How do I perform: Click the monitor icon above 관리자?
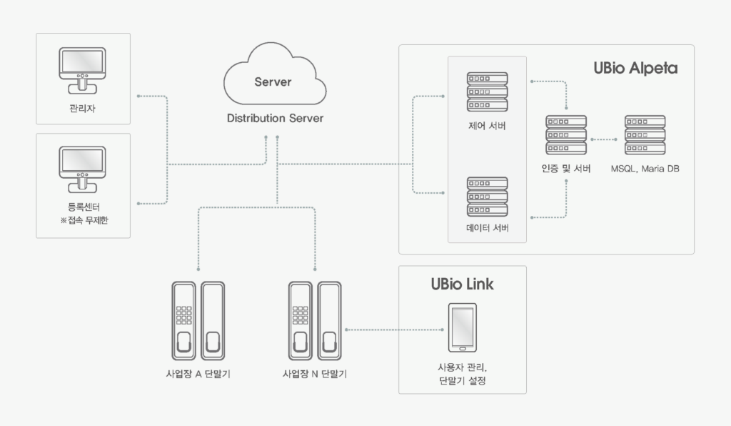point(83,70)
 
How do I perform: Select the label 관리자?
point(83,109)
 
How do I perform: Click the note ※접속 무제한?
point(84,221)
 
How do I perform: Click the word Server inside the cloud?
point(273,82)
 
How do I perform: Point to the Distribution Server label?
point(275,118)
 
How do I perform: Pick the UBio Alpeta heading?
point(635,69)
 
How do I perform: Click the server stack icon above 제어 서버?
point(487,91)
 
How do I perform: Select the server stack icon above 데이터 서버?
point(487,197)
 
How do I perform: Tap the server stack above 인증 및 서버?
point(566,134)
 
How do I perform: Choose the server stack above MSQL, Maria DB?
point(645,134)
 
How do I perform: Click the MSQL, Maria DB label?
point(645,169)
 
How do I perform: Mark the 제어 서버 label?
point(487,127)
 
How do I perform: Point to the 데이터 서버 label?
point(487,229)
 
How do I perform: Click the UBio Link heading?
point(462,284)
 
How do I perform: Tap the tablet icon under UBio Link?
point(462,328)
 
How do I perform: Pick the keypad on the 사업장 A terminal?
point(184,314)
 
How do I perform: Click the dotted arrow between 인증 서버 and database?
point(605,139)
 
